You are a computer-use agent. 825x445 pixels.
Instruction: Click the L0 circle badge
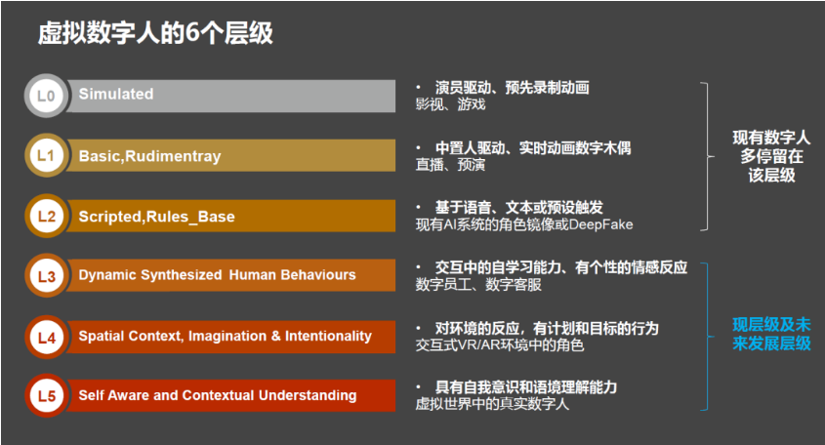click(x=46, y=96)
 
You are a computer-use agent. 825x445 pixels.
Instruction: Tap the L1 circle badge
click(x=46, y=155)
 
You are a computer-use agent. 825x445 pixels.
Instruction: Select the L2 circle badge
click(x=46, y=216)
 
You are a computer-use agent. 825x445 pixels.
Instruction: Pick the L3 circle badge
click(x=46, y=275)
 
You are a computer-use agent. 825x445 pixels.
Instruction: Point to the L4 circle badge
click(x=46, y=338)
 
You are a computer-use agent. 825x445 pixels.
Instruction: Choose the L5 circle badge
click(x=46, y=395)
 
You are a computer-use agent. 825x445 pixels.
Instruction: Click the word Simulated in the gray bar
click(x=116, y=94)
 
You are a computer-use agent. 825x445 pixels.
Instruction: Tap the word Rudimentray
click(x=173, y=156)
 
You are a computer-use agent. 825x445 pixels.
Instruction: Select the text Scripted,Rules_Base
click(x=156, y=217)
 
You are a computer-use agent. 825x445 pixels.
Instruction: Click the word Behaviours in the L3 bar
click(x=317, y=274)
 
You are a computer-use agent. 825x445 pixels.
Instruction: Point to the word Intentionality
click(x=328, y=336)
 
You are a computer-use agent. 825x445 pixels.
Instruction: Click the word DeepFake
click(x=600, y=224)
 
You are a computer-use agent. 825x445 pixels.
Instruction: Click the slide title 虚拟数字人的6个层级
click(x=155, y=32)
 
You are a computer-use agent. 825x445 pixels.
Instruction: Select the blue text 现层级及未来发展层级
click(x=771, y=334)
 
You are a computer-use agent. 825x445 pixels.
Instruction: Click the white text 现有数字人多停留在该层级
click(x=771, y=156)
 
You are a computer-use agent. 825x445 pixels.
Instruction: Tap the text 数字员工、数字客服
click(x=478, y=285)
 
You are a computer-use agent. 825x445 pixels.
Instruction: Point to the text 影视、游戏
click(x=450, y=104)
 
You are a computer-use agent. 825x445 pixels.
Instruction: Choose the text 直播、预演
click(x=450, y=165)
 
